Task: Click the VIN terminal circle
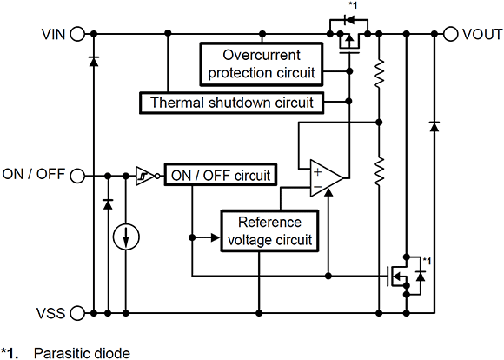click(x=77, y=35)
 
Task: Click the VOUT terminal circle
click(x=450, y=35)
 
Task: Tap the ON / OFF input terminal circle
click(x=77, y=175)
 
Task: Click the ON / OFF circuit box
click(x=220, y=175)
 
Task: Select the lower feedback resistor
click(x=379, y=171)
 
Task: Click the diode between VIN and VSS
click(x=92, y=61)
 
